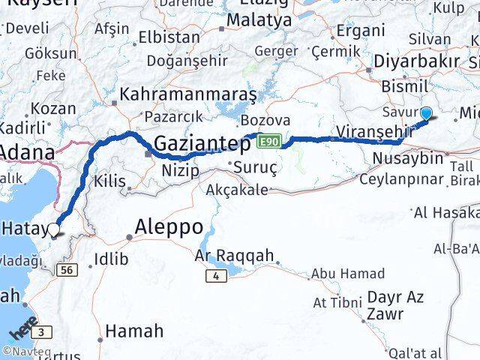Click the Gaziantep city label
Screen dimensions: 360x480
click(202, 142)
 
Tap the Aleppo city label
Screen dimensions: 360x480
click(169, 226)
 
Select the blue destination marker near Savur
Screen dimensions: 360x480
click(427, 114)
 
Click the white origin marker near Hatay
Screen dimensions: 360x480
click(54, 229)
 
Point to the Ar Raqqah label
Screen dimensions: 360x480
click(235, 256)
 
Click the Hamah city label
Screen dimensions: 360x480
click(134, 330)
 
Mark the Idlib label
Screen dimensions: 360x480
click(112, 259)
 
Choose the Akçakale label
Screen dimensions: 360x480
click(236, 190)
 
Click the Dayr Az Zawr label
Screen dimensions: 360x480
click(396, 305)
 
